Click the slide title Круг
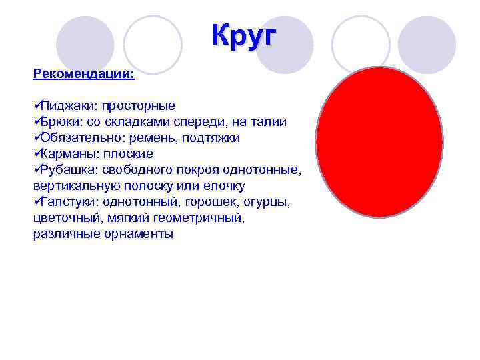tap(243, 35)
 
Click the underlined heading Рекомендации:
tap(83, 73)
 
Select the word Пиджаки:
tap(66, 105)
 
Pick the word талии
tap(270, 121)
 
